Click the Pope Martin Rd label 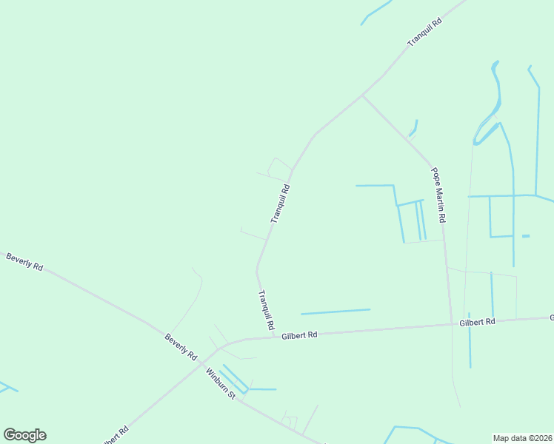pyautogui.click(x=438, y=195)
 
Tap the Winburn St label pyautogui.click(x=221, y=383)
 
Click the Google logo pyautogui.click(x=24, y=435)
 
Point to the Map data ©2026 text pyautogui.click(x=522, y=438)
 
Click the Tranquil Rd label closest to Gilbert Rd pyautogui.click(x=266, y=310)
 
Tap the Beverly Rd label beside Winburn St pyautogui.click(x=181, y=347)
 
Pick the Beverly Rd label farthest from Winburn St pyautogui.click(x=24, y=261)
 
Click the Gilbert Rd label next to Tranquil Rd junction pyautogui.click(x=299, y=335)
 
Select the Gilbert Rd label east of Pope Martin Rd pyautogui.click(x=477, y=323)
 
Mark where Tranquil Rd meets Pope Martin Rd pyautogui.click(x=362, y=95)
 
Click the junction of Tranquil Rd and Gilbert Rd pyautogui.click(x=275, y=337)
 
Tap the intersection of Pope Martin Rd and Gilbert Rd pyautogui.click(x=451, y=324)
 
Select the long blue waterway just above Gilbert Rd pyautogui.click(x=335, y=312)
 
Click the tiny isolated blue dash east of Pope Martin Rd pyautogui.click(x=526, y=236)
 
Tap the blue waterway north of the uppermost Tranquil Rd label pyautogui.click(x=377, y=12)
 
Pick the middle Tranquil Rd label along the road pyautogui.click(x=279, y=204)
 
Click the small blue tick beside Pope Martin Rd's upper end pyautogui.click(x=415, y=127)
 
